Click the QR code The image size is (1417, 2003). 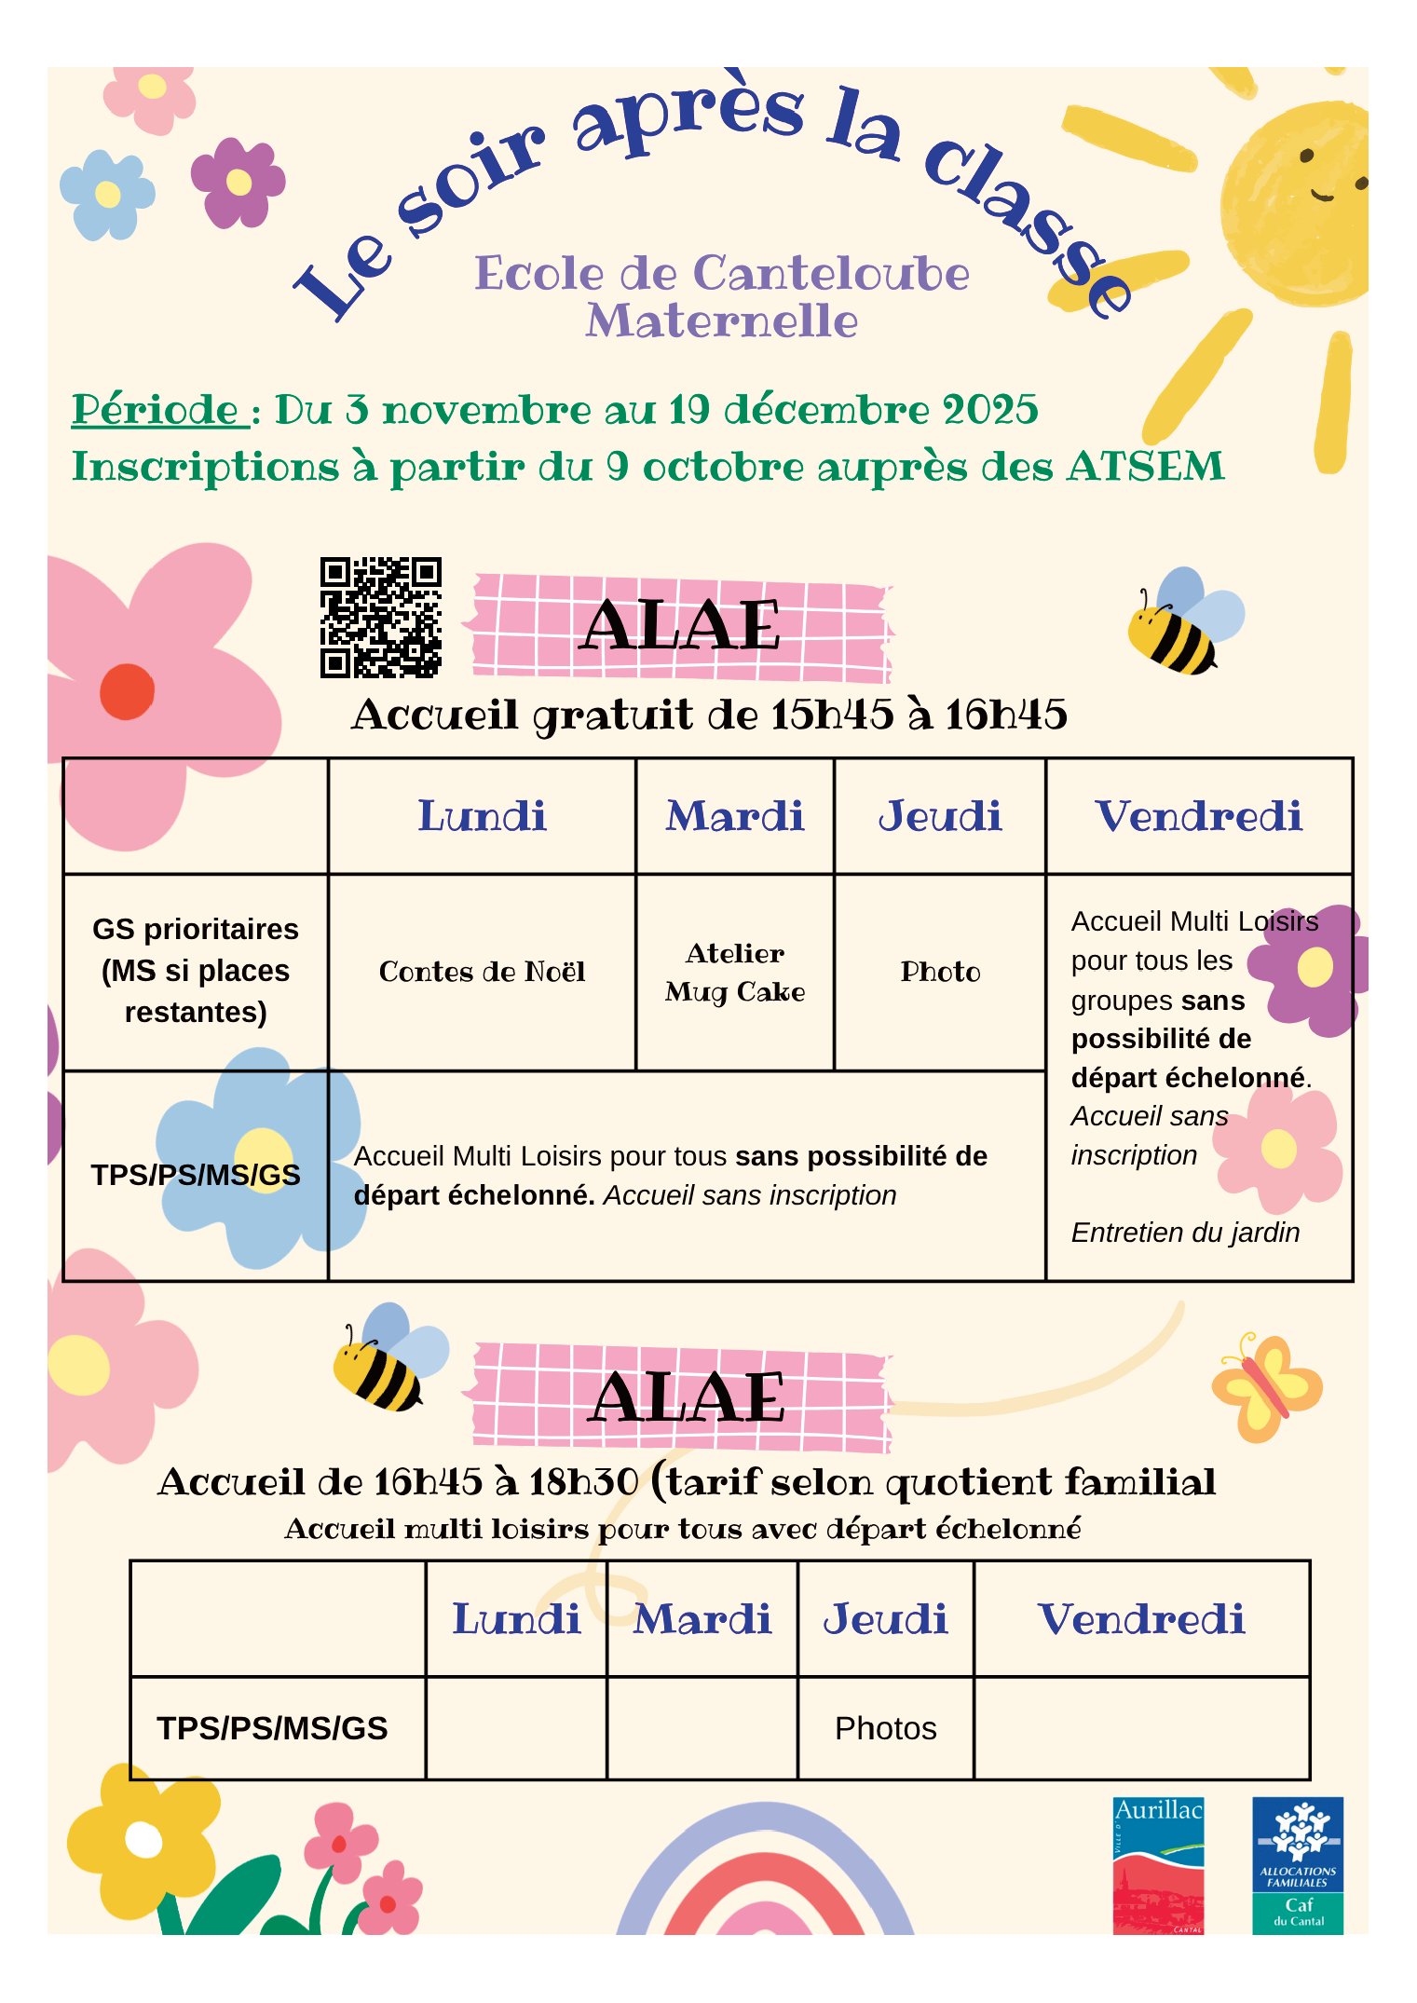click(380, 618)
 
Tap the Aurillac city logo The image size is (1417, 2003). click(1158, 1865)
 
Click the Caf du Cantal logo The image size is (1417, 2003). click(1297, 1865)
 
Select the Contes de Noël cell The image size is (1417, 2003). click(482, 972)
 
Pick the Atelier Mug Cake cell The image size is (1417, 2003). click(734, 972)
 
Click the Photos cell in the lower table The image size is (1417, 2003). click(885, 1728)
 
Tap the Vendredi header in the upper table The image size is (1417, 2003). click(1198, 816)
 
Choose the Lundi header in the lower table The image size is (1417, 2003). click(516, 1619)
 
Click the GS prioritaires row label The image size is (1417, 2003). click(196, 971)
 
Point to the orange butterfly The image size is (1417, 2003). click(1266, 1386)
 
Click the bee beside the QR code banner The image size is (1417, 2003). click(1181, 622)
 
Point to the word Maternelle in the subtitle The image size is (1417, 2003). click(721, 321)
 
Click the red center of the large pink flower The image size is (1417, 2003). click(127, 691)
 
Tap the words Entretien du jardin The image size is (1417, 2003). click(1184, 1233)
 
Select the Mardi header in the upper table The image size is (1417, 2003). click(734, 816)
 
